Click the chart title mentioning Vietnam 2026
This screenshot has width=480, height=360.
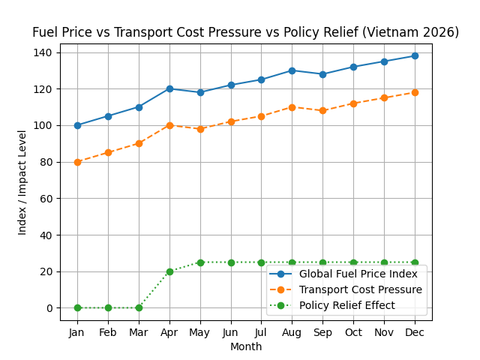click(245, 33)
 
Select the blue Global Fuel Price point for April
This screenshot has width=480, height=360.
click(169, 88)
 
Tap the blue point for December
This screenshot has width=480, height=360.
click(415, 55)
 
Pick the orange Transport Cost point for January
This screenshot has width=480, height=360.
click(77, 162)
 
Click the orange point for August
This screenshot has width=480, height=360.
click(292, 107)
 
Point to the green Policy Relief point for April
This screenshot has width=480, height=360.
click(169, 271)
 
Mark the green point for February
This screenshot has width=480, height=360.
click(108, 307)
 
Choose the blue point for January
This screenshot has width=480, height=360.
click(77, 125)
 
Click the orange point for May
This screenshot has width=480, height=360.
click(200, 129)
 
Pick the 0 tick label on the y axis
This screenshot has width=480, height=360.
click(49, 308)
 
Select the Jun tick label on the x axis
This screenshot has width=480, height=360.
click(231, 331)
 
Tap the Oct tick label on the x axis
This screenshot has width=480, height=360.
click(353, 331)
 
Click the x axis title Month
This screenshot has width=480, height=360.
click(246, 346)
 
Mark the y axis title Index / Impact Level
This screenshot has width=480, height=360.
click(22, 182)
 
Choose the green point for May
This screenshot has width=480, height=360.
click(200, 262)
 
